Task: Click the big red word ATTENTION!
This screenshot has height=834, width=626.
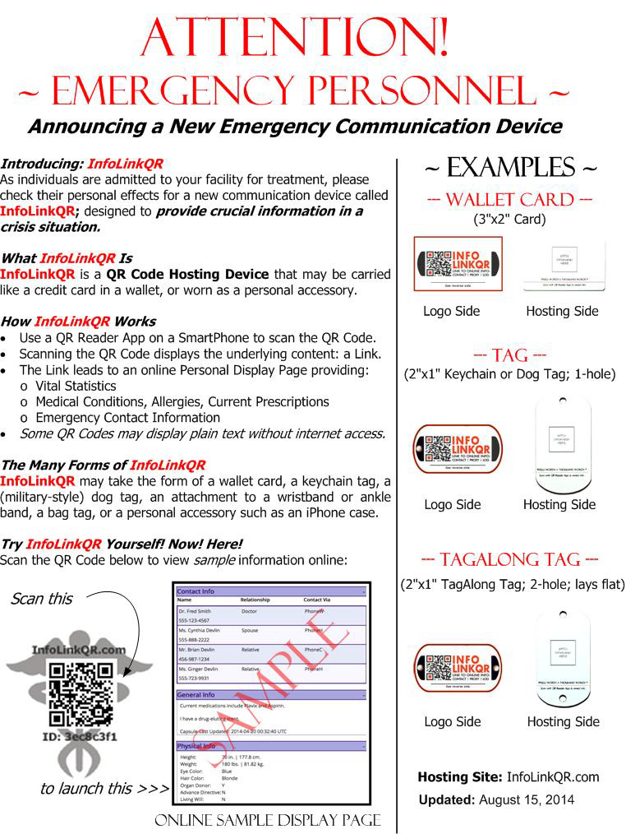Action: pos(295,36)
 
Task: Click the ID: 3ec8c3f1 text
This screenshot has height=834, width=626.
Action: pos(80,736)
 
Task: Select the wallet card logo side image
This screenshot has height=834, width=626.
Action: pos(457,264)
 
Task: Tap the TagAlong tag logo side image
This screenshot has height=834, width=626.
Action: pos(457,667)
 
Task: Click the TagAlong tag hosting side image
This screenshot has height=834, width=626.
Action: pos(564,658)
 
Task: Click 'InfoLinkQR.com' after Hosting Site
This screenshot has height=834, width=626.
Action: pos(553,776)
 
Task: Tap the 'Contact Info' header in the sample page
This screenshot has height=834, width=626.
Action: pos(196,591)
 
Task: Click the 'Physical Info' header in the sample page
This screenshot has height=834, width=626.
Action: pos(197,746)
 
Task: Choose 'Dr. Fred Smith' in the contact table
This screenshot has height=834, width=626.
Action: pos(195,611)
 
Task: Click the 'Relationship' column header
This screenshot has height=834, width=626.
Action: pos(255,600)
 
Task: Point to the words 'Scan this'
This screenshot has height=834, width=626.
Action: pos(41,599)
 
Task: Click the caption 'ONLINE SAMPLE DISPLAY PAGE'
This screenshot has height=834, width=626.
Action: pos(268,821)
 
